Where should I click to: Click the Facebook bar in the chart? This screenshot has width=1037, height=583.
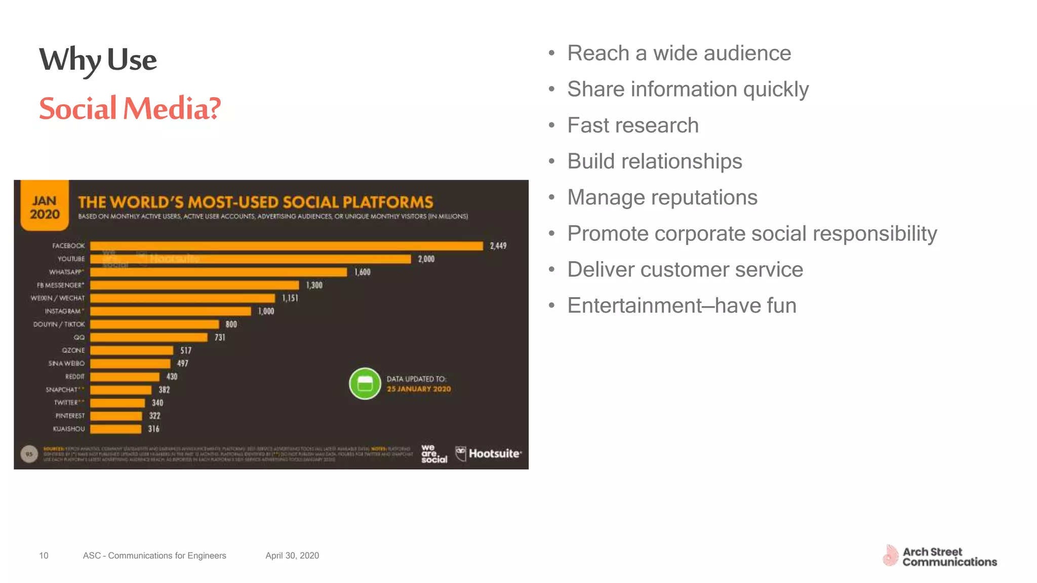click(287, 246)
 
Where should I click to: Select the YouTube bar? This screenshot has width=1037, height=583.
click(251, 259)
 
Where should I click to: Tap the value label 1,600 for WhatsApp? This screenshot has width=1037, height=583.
click(363, 272)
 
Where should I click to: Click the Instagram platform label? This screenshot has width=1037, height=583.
click(63, 311)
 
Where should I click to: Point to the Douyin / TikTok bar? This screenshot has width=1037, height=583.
click(154, 324)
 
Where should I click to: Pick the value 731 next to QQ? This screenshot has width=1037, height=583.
click(220, 338)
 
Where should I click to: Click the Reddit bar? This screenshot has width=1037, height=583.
click(125, 377)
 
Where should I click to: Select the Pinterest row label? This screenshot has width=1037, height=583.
click(70, 416)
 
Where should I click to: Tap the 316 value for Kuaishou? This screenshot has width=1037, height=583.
click(153, 429)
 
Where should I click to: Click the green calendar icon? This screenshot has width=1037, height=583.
click(365, 384)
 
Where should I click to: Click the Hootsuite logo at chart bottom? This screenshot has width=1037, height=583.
click(489, 453)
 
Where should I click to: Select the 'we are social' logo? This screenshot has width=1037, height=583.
click(434, 454)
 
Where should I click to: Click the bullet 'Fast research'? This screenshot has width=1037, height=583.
click(632, 126)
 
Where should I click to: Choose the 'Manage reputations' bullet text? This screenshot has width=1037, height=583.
click(662, 197)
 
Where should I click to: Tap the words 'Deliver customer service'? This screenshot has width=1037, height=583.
click(685, 270)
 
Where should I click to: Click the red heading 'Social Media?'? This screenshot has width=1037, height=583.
click(130, 109)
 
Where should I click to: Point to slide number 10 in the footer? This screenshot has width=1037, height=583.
click(44, 556)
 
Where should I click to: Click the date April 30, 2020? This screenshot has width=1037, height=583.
click(292, 556)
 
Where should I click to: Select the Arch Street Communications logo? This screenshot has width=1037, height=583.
click(940, 557)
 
